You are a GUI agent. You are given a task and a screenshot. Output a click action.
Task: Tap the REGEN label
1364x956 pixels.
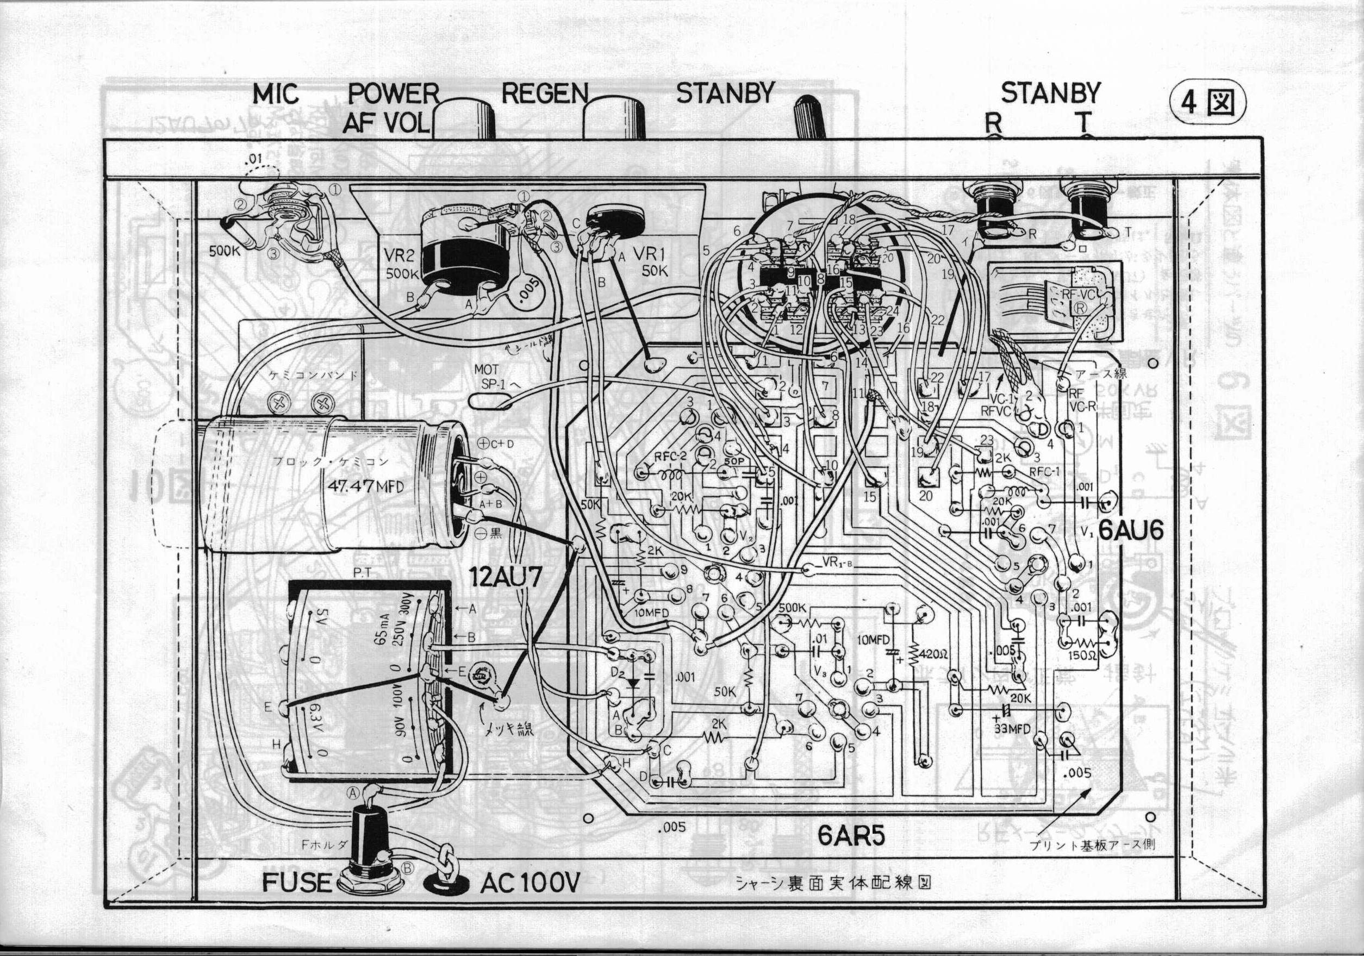[x=544, y=94]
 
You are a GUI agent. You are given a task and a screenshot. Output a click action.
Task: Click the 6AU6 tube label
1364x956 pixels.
[x=1131, y=530]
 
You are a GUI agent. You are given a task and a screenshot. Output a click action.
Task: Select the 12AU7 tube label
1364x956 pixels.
[x=505, y=577]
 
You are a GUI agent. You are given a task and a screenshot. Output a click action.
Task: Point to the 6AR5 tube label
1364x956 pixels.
[x=851, y=836]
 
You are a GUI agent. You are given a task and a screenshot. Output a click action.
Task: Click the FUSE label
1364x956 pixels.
[x=296, y=883]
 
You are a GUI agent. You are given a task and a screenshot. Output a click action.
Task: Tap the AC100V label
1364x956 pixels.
[x=530, y=884]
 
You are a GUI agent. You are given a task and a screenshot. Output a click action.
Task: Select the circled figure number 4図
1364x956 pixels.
[x=1207, y=103]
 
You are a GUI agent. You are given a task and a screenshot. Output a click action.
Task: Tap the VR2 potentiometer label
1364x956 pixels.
[x=398, y=256]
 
